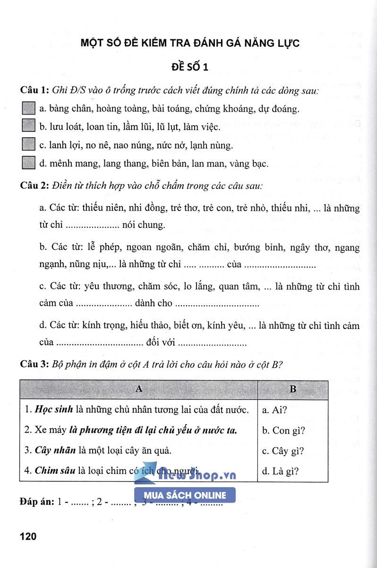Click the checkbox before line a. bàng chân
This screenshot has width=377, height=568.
point(29,108)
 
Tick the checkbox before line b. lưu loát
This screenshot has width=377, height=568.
point(29,126)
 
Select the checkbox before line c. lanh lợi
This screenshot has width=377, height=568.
point(29,144)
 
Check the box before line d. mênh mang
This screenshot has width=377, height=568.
point(29,163)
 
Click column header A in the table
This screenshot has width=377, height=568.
point(138,389)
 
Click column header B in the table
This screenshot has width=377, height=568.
point(292,389)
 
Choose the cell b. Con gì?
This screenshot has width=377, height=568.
point(283,430)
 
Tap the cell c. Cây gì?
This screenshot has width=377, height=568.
point(283,451)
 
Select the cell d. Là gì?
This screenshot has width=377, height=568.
point(281,471)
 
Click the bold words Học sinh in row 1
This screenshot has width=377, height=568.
point(51,410)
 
